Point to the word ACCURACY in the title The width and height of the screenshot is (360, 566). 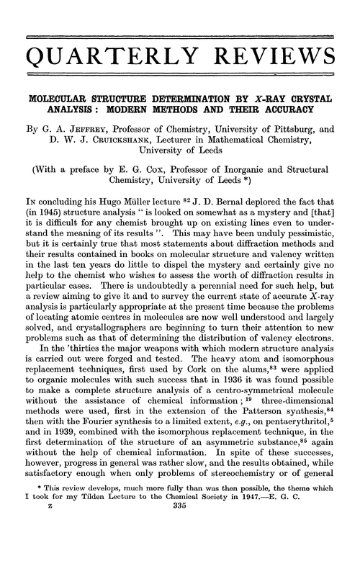pos(276,110)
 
